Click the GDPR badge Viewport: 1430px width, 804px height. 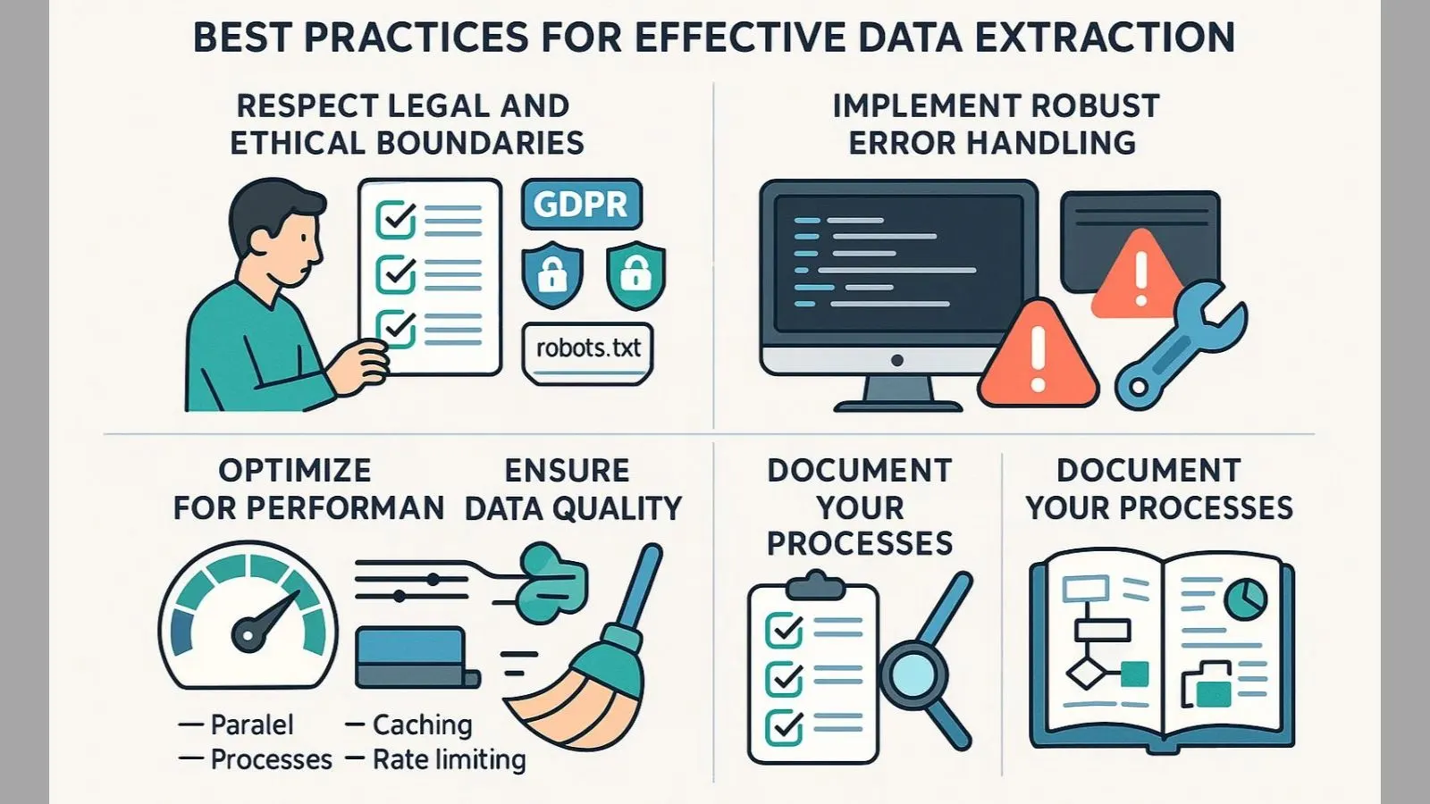pyautogui.click(x=581, y=205)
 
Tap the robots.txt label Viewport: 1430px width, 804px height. pyautogui.click(x=588, y=348)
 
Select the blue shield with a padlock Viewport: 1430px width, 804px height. pyautogui.click(x=552, y=273)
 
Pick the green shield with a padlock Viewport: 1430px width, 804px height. pyautogui.click(x=635, y=273)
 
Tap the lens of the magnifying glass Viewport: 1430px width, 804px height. pyautogui.click(x=913, y=674)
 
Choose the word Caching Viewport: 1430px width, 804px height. pyautogui.click(x=422, y=724)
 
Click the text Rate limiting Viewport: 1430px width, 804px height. pyautogui.click(x=449, y=759)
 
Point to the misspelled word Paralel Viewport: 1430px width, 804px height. pyautogui.click(x=251, y=724)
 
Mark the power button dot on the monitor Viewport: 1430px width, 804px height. pyautogui.click(x=897, y=360)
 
